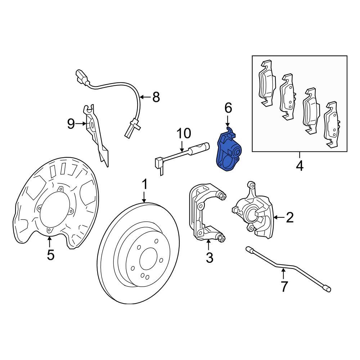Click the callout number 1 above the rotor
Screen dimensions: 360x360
coord(144,185)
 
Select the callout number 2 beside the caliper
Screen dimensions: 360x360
coord(289,217)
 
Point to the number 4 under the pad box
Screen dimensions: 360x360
coord(300,166)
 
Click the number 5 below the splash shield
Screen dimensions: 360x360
coord(50,255)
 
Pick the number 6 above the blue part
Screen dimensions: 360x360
coord(228,108)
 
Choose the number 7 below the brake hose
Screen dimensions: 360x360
coord(284,287)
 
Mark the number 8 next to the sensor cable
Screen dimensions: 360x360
coord(156,97)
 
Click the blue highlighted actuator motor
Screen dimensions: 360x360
coord(228,153)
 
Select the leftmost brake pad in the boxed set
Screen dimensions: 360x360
coord(267,84)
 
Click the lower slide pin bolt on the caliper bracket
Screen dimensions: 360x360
coord(221,238)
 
